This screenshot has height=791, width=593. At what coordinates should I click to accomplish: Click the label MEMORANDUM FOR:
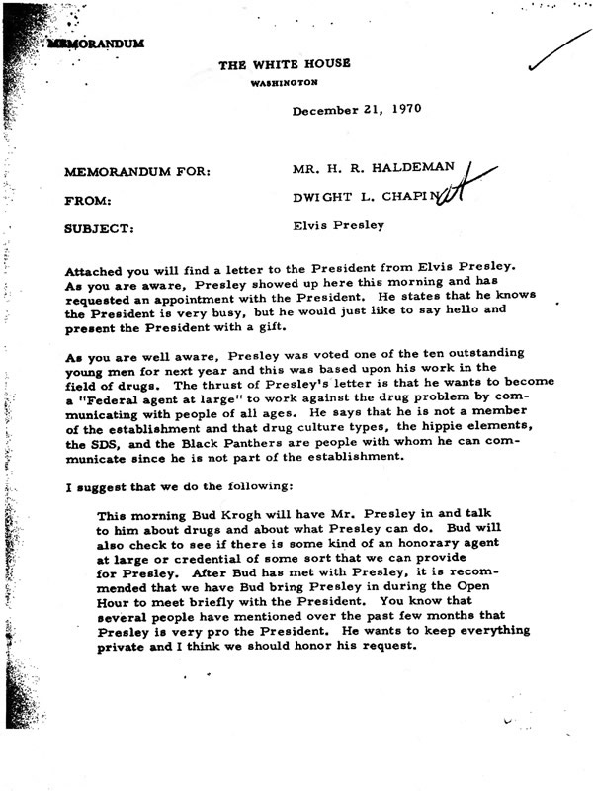pyautogui.click(x=137, y=172)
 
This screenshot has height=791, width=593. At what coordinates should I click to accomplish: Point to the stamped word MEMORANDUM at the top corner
pyautogui.click(x=93, y=44)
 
